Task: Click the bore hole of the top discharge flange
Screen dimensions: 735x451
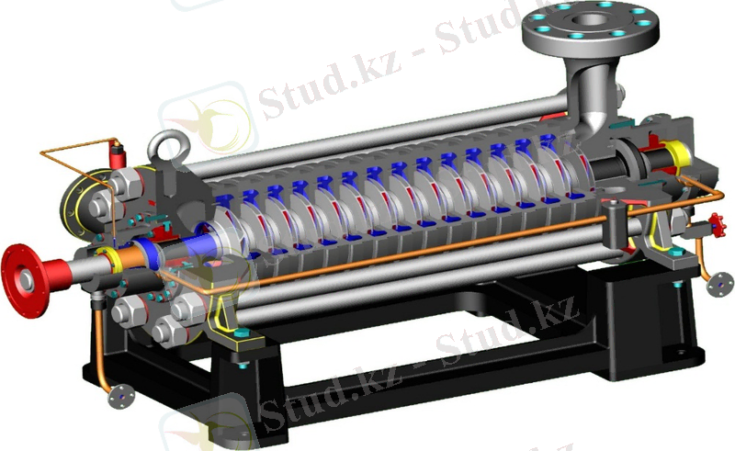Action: pos(592,19)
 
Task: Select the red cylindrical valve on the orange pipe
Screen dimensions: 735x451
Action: pos(119,155)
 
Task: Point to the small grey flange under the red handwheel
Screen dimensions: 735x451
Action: pos(720,284)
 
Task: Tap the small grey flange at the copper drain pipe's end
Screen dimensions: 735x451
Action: pos(121,397)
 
